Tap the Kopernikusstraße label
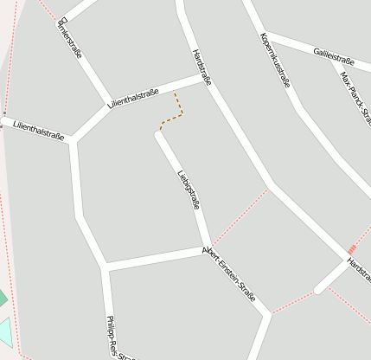click(275, 60)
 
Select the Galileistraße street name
click(335, 57)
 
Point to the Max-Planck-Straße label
click(355, 94)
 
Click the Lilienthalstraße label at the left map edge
click(38, 131)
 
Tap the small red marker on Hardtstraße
click(352, 249)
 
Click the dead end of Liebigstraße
click(159, 133)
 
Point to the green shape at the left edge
click(2, 299)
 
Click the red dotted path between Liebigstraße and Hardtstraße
click(239, 215)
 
